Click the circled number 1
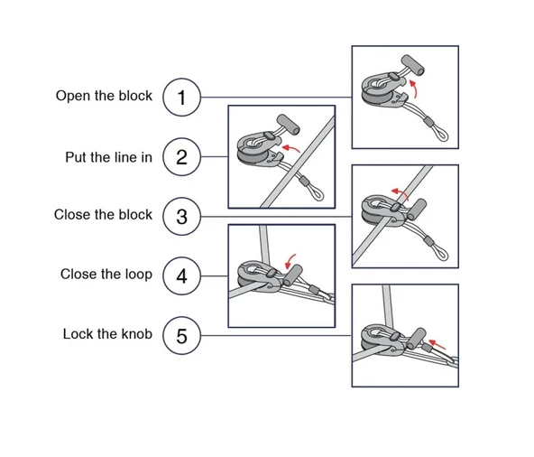pos(181,98)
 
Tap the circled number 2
pos(181,157)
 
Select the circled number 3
pos(181,216)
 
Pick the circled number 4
pos(181,275)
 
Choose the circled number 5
pos(181,336)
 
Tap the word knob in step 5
pos(136,334)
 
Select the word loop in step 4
pos(138,275)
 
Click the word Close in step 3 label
pos(72,215)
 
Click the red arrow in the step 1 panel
pos(414,89)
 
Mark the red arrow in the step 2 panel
pos(290,148)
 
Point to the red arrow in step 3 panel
pos(400,192)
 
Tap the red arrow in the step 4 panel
pos(290,262)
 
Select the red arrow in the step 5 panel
pos(437,344)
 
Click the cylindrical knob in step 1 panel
pos(413,65)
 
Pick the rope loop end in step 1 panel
pos(441,135)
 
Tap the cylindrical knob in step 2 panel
pos(289,125)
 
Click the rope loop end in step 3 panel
pos(441,254)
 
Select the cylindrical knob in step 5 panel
pos(416,339)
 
